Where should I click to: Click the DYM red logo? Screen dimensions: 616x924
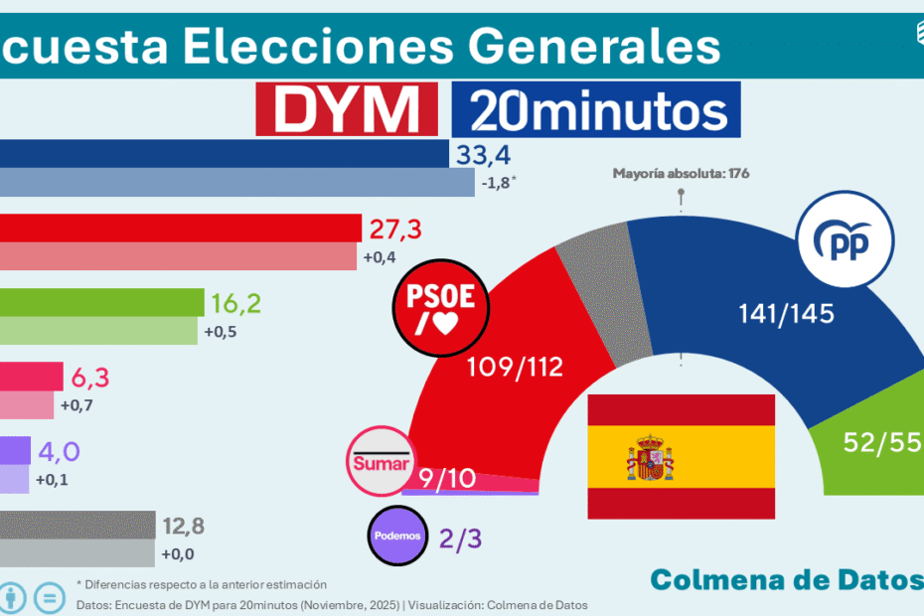tap(347, 109)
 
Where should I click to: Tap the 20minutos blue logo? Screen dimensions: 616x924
tap(596, 109)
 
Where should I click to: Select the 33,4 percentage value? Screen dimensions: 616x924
tap(482, 154)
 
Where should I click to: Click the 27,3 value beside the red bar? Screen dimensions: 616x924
tap(395, 230)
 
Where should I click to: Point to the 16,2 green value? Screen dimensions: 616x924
tap(235, 303)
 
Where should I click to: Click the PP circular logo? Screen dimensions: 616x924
tap(844, 241)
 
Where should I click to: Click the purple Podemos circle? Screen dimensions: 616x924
tap(397, 536)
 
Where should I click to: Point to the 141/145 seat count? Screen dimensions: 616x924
tap(786, 314)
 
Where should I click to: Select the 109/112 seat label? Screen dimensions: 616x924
tap(515, 367)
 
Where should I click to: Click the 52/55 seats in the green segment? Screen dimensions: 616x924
tap(878, 442)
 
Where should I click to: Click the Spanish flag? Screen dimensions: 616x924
tap(681, 456)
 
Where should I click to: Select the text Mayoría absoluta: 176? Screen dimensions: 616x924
tap(681, 174)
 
